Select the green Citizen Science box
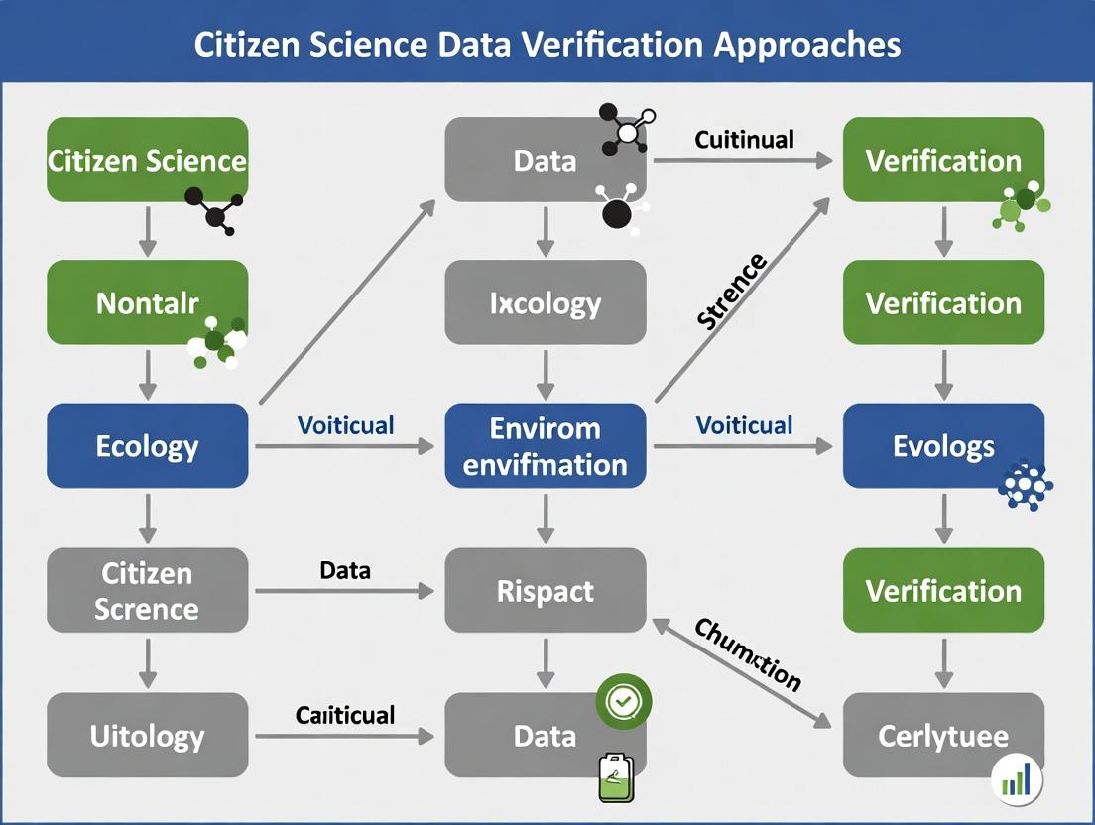pos(147,160)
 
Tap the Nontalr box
pos(147,302)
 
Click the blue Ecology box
pos(147,445)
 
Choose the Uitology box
pos(147,736)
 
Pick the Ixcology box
pos(546,302)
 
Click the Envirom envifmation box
pos(546,445)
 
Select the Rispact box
pos(546,591)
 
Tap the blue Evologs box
pos(943,445)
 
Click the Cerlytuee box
pos(943,736)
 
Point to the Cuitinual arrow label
pos(744,139)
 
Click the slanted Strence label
pos(731,291)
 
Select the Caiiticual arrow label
pos(345,715)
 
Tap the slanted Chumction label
pos(747,653)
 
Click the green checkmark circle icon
pos(622,702)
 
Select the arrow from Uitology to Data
pos(344,736)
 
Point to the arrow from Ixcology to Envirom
pos(546,374)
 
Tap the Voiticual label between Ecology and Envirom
pos(345,426)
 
